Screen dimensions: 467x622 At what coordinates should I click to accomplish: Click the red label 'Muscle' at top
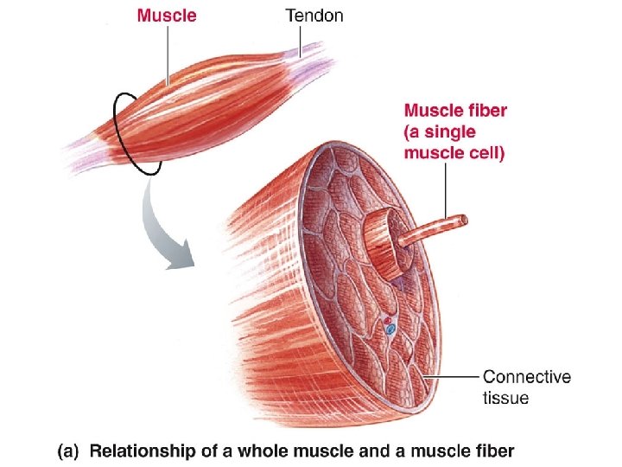167,15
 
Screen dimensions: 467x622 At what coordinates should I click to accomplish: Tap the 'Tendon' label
314,15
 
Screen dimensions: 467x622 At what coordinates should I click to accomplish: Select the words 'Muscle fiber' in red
455,110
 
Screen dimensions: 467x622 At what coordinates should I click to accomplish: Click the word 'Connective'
526,377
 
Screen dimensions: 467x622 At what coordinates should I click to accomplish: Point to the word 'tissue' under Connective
505,399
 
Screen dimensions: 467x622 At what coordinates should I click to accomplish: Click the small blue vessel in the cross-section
390,329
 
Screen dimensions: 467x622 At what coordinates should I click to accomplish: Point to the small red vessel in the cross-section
386,320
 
